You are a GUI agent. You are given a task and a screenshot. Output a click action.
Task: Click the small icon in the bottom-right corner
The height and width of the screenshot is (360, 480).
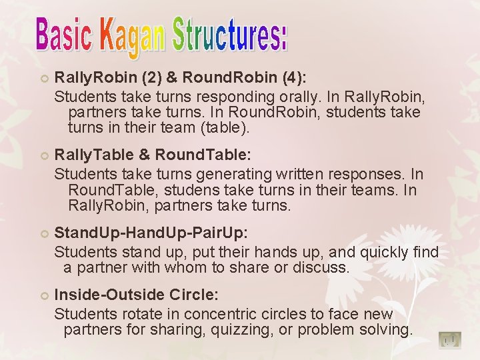(x=451, y=340)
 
